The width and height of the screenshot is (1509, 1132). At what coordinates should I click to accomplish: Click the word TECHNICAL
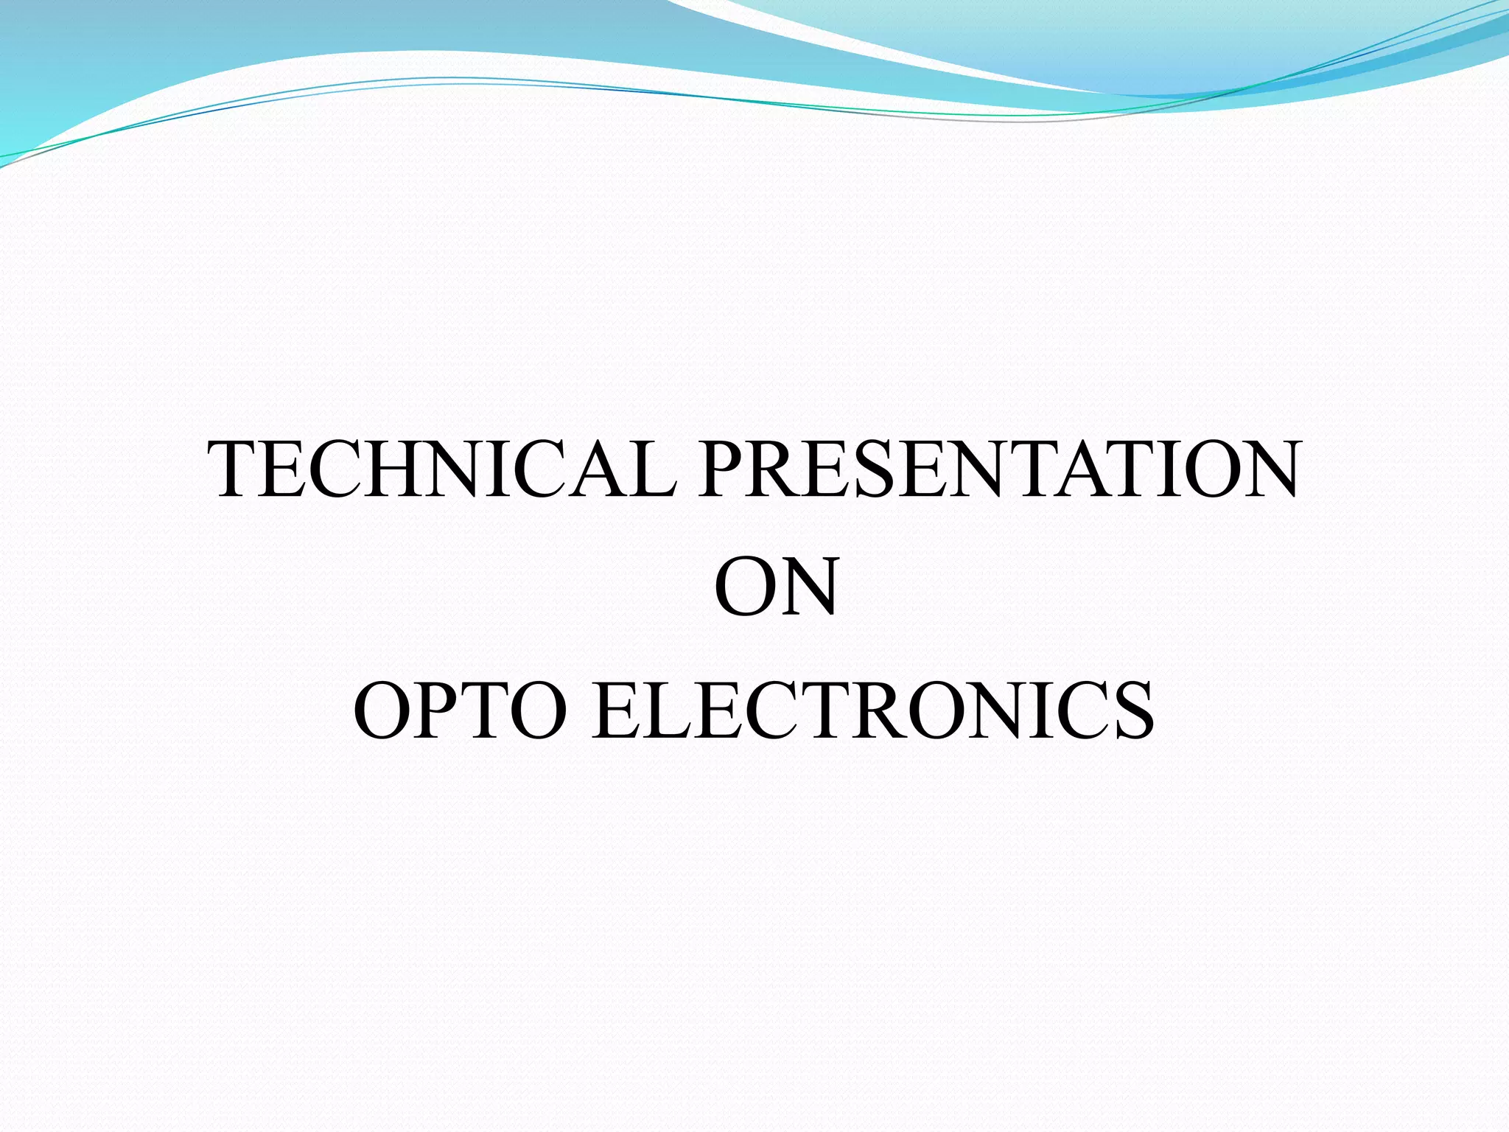(442, 469)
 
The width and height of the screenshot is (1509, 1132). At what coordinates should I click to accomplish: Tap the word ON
(776, 588)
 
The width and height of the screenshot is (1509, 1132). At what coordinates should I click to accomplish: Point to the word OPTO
(460, 710)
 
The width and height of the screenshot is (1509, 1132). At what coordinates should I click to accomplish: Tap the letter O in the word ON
(744, 588)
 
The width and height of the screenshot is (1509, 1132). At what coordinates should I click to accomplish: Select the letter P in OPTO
(438, 710)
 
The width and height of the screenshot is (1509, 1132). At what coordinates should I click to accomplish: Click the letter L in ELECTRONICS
(677, 710)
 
